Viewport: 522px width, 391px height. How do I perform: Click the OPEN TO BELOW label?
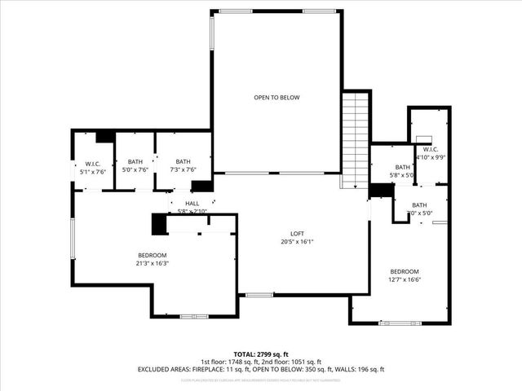pyautogui.click(x=276, y=98)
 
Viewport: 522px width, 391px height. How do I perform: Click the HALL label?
pyautogui.click(x=192, y=204)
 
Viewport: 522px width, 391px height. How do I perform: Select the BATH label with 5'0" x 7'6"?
pyautogui.click(x=135, y=162)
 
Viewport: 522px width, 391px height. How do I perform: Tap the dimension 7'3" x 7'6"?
pyautogui.click(x=183, y=170)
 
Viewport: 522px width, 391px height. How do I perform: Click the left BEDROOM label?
pyautogui.click(x=152, y=255)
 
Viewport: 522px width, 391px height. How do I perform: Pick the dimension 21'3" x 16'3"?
pyautogui.click(x=152, y=263)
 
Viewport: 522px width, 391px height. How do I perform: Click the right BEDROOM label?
pyautogui.click(x=404, y=271)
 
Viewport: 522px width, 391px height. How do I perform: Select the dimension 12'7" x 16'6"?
pyautogui.click(x=404, y=279)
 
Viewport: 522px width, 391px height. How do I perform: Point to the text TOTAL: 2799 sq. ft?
pyautogui.click(x=260, y=354)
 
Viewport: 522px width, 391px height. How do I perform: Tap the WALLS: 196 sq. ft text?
pyautogui.click(x=358, y=370)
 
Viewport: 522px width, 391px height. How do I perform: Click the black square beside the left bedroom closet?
pyautogui.click(x=159, y=223)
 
